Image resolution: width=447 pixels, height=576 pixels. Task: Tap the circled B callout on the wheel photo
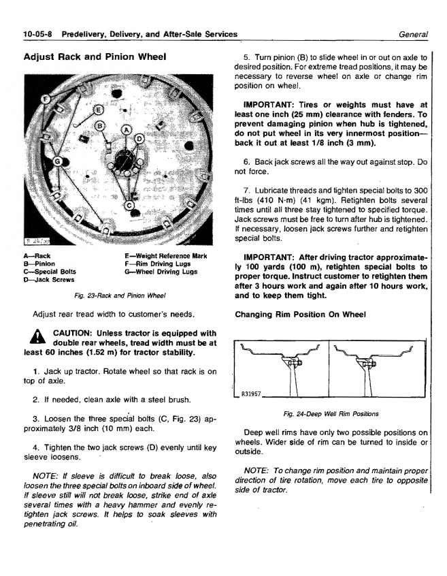click(100, 126)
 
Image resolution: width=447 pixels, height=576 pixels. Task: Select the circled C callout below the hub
click(129, 205)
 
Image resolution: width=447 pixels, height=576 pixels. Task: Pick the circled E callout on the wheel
click(98, 110)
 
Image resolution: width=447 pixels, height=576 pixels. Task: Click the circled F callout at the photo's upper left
click(46, 99)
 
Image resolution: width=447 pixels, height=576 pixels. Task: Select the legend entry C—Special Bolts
click(52, 271)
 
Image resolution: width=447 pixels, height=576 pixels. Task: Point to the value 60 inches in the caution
click(67, 353)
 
